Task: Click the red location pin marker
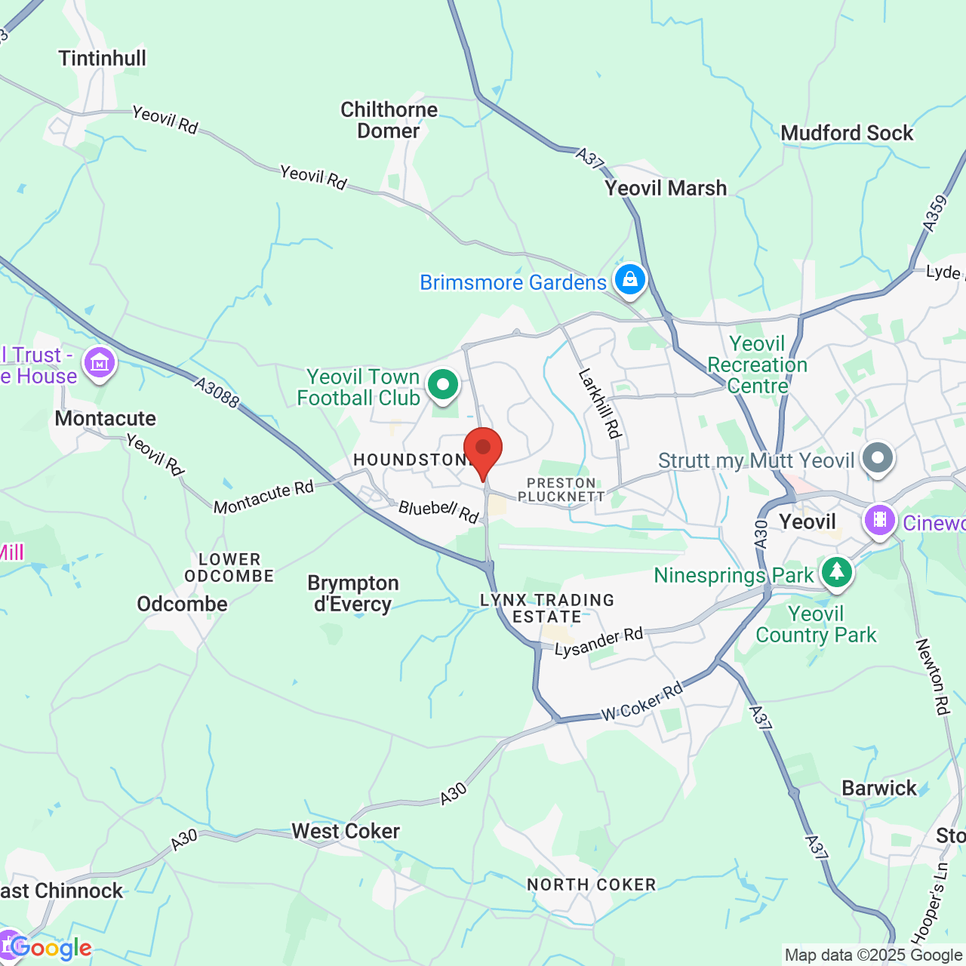(482, 450)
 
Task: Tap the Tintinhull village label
(103, 58)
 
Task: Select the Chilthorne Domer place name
(389, 120)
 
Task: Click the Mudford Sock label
(847, 133)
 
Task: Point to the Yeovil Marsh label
(666, 188)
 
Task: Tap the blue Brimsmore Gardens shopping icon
(629, 280)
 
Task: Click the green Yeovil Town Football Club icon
(443, 386)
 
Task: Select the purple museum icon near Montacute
(99, 364)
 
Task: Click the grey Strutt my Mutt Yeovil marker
(877, 458)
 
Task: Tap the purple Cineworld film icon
(879, 520)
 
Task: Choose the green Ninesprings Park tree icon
(835, 572)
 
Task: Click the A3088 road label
(217, 393)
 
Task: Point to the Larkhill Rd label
(600, 404)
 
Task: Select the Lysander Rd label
(598, 642)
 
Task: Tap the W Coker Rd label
(642, 701)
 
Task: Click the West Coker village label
(346, 831)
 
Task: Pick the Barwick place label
(879, 788)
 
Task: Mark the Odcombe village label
(182, 604)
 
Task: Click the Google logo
(51, 948)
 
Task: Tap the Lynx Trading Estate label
(547, 608)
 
